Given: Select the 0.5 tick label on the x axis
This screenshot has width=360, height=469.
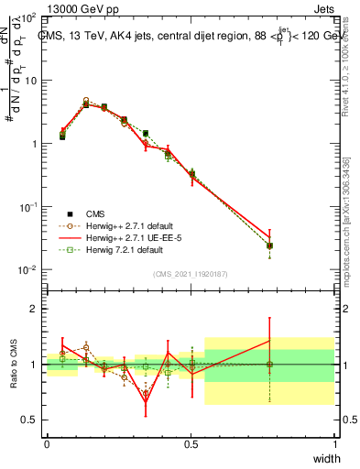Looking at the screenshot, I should click(x=191, y=444).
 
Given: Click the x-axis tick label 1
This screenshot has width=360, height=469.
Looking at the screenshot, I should click(x=334, y=444).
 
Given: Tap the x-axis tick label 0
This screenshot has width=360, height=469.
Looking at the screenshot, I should click(x=47, y=444).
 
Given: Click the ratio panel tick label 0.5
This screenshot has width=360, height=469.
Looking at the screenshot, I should click(x=30, y=420).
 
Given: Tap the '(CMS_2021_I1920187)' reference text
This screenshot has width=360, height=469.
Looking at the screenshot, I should click(x=190, y=273).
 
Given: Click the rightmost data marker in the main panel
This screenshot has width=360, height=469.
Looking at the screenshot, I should click(x=269, y=245).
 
